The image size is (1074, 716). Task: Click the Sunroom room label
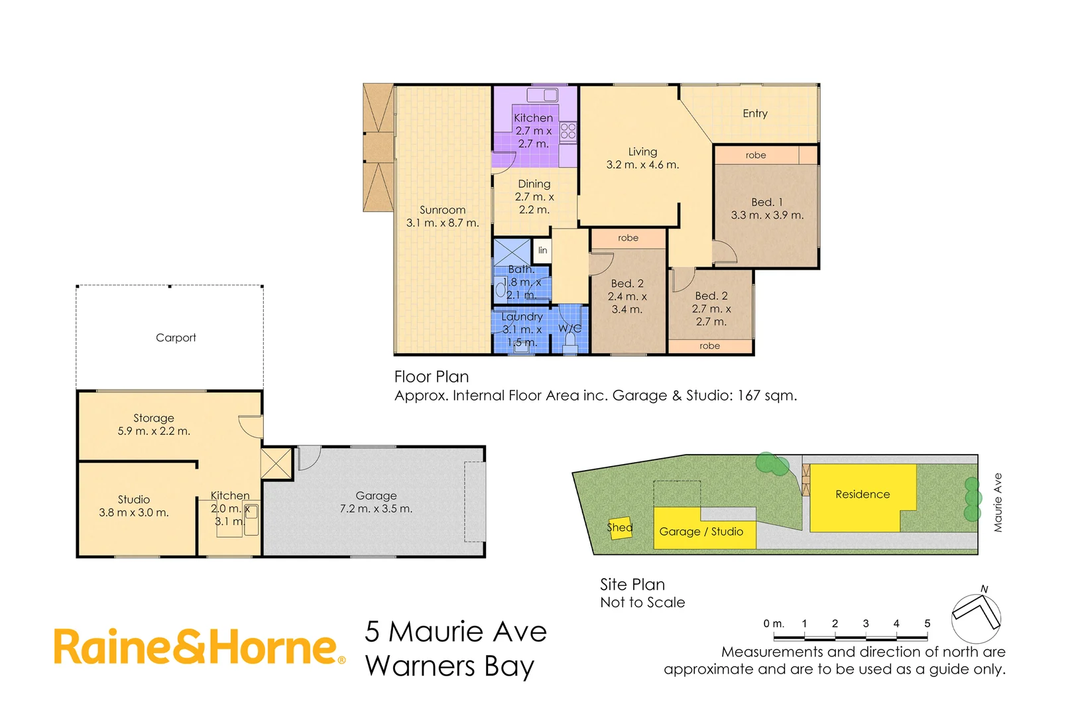point(442,210)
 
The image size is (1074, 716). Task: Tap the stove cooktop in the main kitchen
point(568,131)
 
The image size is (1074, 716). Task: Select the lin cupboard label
point(542,250)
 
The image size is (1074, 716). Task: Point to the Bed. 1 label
point(766,202)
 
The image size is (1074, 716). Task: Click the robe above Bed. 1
point(756,155)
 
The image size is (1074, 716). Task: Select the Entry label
point(754,113)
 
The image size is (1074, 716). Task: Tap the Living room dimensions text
point(642,165)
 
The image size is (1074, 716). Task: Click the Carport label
point(176,337)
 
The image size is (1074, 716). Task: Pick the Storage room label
point(154,418)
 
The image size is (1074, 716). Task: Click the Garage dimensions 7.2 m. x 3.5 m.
point(376,508)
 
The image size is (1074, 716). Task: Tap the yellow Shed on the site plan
point(621,528)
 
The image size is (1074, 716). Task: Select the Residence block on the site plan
point(862,494)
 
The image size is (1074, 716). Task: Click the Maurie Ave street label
point(998,503)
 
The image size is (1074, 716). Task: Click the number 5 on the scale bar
point(927,623)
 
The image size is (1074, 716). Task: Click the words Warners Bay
point(449,666)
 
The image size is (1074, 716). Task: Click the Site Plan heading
point(632,584)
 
